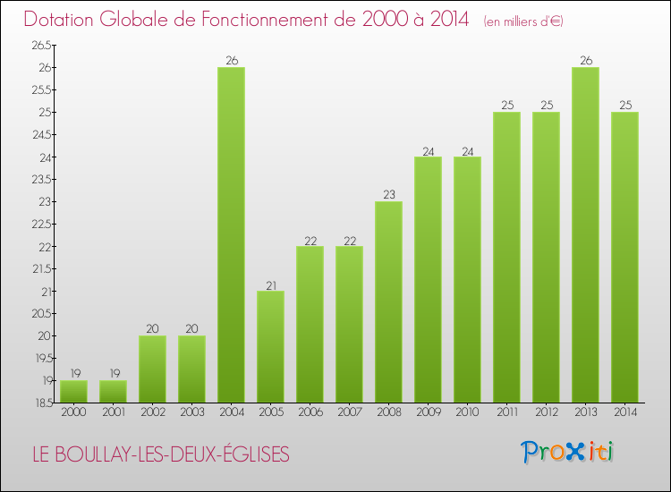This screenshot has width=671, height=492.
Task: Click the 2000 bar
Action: tap(73, 392)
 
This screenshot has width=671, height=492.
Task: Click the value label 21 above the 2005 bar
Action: tap(270, 284)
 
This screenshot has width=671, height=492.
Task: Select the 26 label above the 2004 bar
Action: tap(231, 61)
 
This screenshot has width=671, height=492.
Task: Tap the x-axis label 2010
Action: tap(467, 412)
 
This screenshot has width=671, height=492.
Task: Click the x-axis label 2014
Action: tap(624, 412)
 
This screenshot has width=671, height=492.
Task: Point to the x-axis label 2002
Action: tap(152, 412)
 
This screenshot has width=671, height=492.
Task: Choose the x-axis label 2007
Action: tap(349, 412)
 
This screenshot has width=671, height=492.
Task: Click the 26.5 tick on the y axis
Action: tap(40, 46)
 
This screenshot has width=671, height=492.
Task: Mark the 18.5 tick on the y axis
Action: tap(40, 403)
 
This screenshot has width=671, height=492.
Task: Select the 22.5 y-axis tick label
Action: tap(40, 225)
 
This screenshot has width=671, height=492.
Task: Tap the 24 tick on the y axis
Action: tap(46, 157)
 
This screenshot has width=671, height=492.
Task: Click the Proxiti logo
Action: tap(568, 452)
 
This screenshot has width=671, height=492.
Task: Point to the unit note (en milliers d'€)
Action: tap(523, 21)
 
